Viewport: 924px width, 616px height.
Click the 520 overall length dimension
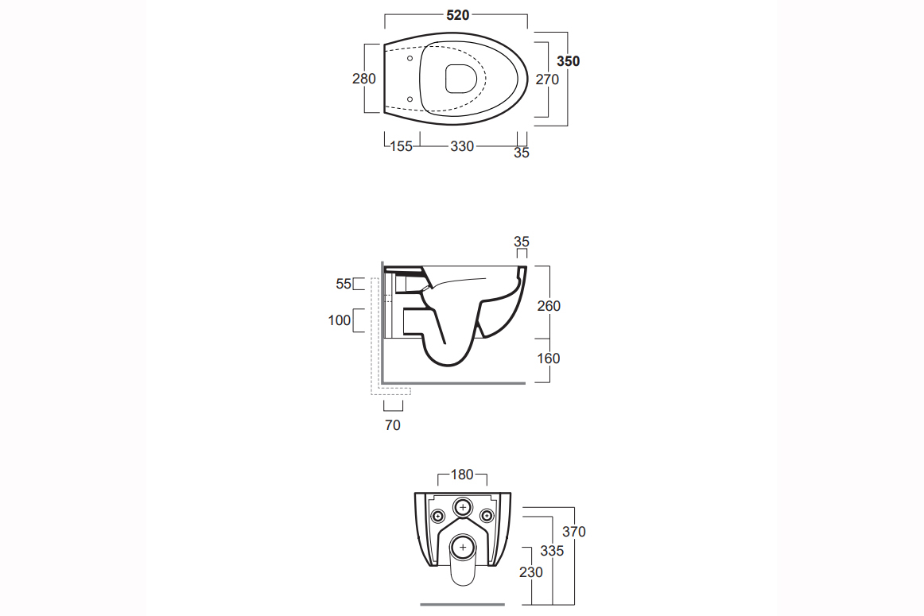(458, 15)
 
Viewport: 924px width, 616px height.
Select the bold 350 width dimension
(568, 61)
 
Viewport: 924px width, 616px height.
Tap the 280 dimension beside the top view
(364, 79)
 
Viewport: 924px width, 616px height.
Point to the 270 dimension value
(547, 79)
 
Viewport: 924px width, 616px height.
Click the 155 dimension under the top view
(402, 146)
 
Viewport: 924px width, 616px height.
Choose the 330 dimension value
(462, 146)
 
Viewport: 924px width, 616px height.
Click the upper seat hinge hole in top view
(410, 58)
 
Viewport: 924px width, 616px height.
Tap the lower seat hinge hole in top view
(410, 99)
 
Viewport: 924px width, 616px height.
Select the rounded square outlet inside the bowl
(461, 79)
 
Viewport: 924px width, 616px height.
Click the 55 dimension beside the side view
(344, 284)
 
